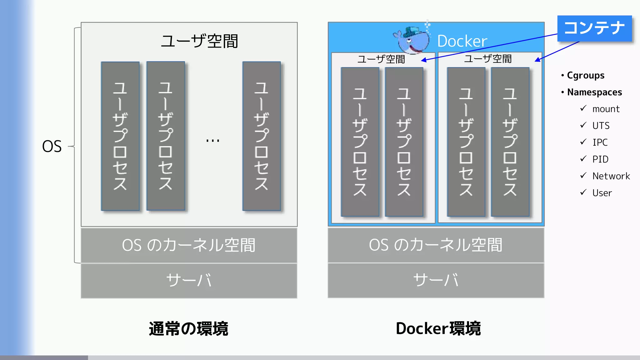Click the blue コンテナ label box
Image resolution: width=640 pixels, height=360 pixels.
click(594, 28)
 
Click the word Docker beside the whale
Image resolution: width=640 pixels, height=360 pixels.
click(462, 41)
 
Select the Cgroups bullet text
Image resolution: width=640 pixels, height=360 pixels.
click(586, 75)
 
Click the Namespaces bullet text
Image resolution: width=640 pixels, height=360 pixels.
click(594, 92)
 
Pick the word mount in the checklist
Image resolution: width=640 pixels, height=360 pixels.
click(606, 109)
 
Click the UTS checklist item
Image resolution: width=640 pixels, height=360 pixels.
click(601, 126)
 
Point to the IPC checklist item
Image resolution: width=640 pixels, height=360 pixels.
click(600, 142)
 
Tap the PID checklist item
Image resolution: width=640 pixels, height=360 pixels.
click(600, 159)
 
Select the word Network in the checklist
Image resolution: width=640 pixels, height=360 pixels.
click(611, 176)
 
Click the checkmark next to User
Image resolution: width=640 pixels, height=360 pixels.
click(583, 192)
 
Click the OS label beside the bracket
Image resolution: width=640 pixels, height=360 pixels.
click(52, 146)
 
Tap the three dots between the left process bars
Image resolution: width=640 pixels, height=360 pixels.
click(213, 141)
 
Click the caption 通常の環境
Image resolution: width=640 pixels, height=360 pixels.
click(188, 329)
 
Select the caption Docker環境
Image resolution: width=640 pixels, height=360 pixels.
click(438, 329)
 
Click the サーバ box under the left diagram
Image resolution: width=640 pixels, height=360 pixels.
click(189, 280)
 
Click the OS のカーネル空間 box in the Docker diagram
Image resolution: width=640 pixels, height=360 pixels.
click(436, 245)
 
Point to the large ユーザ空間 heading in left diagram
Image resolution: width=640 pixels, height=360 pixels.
click(199, 41)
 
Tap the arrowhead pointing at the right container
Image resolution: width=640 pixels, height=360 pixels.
click(537, 60)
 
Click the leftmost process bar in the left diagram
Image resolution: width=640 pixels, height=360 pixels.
click(120, 136)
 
